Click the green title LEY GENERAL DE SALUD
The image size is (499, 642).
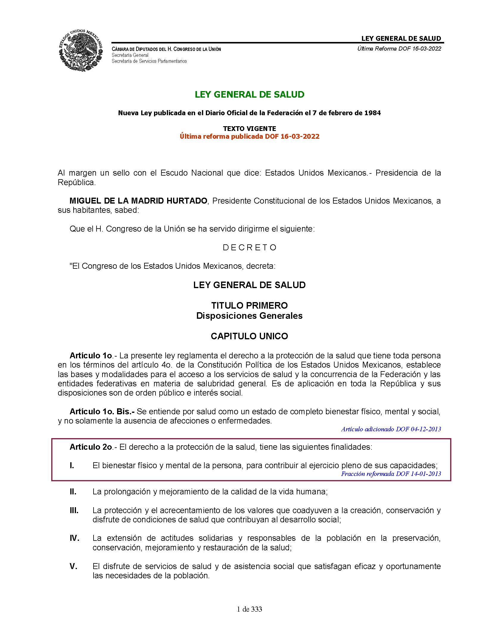pos(249,95)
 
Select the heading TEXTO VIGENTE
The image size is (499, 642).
pos(249,129)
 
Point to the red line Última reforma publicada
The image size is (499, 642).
pos(249,136)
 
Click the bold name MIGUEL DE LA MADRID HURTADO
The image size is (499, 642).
pos(138,201)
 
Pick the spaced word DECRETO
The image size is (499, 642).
pos(250,248)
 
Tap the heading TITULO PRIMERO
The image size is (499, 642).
pos(249,305)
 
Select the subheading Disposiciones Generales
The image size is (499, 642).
pos(249,316)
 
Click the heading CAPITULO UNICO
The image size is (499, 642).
pos(249,336)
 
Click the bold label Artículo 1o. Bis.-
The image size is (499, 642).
pos(102,412)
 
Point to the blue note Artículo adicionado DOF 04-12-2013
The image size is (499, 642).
pos(391,429)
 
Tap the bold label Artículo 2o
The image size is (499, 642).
pos(91,447)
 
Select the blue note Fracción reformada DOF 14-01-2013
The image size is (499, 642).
pos(391,474)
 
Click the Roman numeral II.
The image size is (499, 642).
pos(73,492)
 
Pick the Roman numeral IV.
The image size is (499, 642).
pos(74,538)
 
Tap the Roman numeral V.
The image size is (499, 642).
pos(73,566)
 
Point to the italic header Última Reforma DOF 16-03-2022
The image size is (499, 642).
pos(399,49)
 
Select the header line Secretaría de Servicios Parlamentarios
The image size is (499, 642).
pos(149,61)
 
